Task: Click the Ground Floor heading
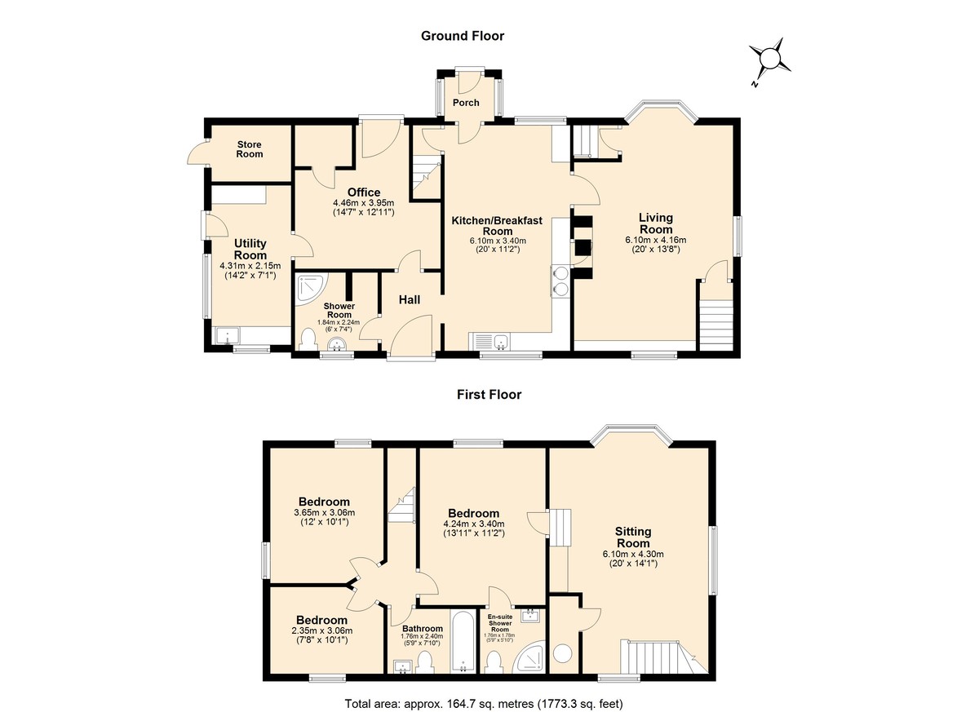tap(463, 36)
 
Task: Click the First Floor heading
tap(489, 395)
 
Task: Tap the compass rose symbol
tap(769, 60)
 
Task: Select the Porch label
tap(466, 103)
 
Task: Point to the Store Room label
tap(250, 149)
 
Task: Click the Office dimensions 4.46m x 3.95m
tap(364, 203)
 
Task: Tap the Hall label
tap(410, 299)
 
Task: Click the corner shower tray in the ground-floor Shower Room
tap(310, 290)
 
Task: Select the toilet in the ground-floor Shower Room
tap(309, 339)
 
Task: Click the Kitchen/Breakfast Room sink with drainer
tap(489, 342)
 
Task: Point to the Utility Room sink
tap(228, 335)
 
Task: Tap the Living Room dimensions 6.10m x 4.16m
tap(656, 240)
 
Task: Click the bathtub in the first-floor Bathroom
tap(463, 643)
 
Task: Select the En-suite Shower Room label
tap(500, 623)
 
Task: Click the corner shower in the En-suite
tap(529, 657)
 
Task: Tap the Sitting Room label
tap(633, 537)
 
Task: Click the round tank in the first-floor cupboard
tap(563, 653)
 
